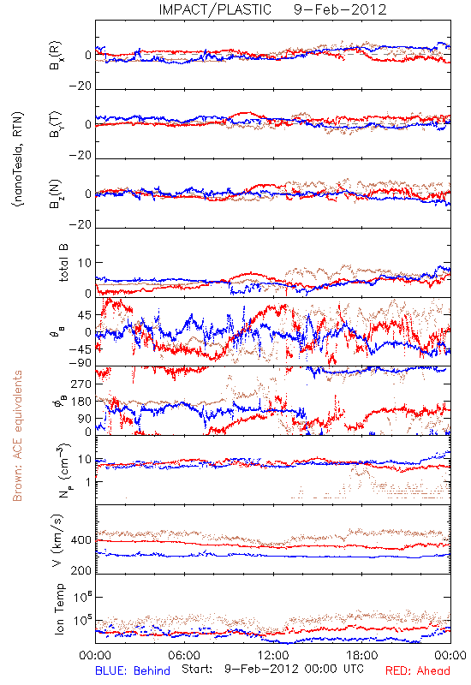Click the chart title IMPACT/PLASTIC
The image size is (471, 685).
(x=215, y=9)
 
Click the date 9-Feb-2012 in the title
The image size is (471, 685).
(x=340, y=9)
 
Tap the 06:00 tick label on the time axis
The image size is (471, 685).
(x=184, y=655)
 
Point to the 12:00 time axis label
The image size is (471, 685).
(x=273, y=655)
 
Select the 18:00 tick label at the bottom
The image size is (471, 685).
(x=362, y=655)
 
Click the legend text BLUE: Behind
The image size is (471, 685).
(x=133, y=670)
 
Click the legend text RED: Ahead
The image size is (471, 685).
(x=418, y=670)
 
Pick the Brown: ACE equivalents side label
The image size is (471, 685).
(x=17, y=436)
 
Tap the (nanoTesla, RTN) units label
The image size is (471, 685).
(x=18, y=159)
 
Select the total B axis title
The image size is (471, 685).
(x=63, y=263)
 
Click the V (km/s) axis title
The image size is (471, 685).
(x=58, y=540)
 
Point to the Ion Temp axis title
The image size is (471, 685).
(x=60, y=609)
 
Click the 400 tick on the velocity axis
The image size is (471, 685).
(x=81, y=540)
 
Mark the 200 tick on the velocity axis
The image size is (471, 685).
(x=81, y=570)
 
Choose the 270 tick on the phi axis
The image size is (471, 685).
(x=81, y=384)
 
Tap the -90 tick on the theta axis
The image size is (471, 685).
(x=80, y=362)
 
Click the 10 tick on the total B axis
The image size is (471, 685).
(x=85, y=263)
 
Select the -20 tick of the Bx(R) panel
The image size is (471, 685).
(x=80, y=86)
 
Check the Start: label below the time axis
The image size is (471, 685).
(x=197, y=669)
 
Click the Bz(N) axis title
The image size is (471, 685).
(x=56, y=194)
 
